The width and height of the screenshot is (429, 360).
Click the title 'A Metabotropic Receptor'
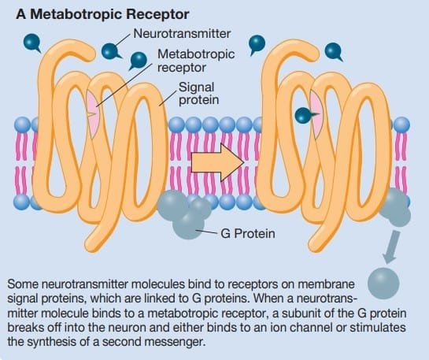coord(102,14)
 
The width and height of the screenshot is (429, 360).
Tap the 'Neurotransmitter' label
coord(182,34)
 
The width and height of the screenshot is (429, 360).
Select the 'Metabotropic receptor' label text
coord(196,61)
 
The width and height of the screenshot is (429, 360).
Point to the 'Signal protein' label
coord(198,94)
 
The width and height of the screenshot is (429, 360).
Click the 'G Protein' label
coord(248,234)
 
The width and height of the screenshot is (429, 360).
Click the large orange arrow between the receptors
coord(217,162)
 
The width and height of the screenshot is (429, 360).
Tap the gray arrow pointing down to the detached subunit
coord(390,247)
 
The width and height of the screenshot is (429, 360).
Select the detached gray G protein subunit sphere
coord(383,283)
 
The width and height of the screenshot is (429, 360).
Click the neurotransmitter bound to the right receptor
coord(305,115)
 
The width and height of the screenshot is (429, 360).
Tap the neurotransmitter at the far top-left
coord(32,43)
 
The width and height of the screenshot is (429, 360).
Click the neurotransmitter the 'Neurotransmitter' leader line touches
coord(110,51)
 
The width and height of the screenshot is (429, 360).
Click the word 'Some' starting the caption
coord(23,284)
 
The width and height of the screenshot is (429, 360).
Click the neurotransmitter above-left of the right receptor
coord(257,45)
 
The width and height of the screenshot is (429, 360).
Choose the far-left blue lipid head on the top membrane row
coord(23,124)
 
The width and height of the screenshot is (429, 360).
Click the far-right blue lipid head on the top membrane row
coord(401,124)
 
